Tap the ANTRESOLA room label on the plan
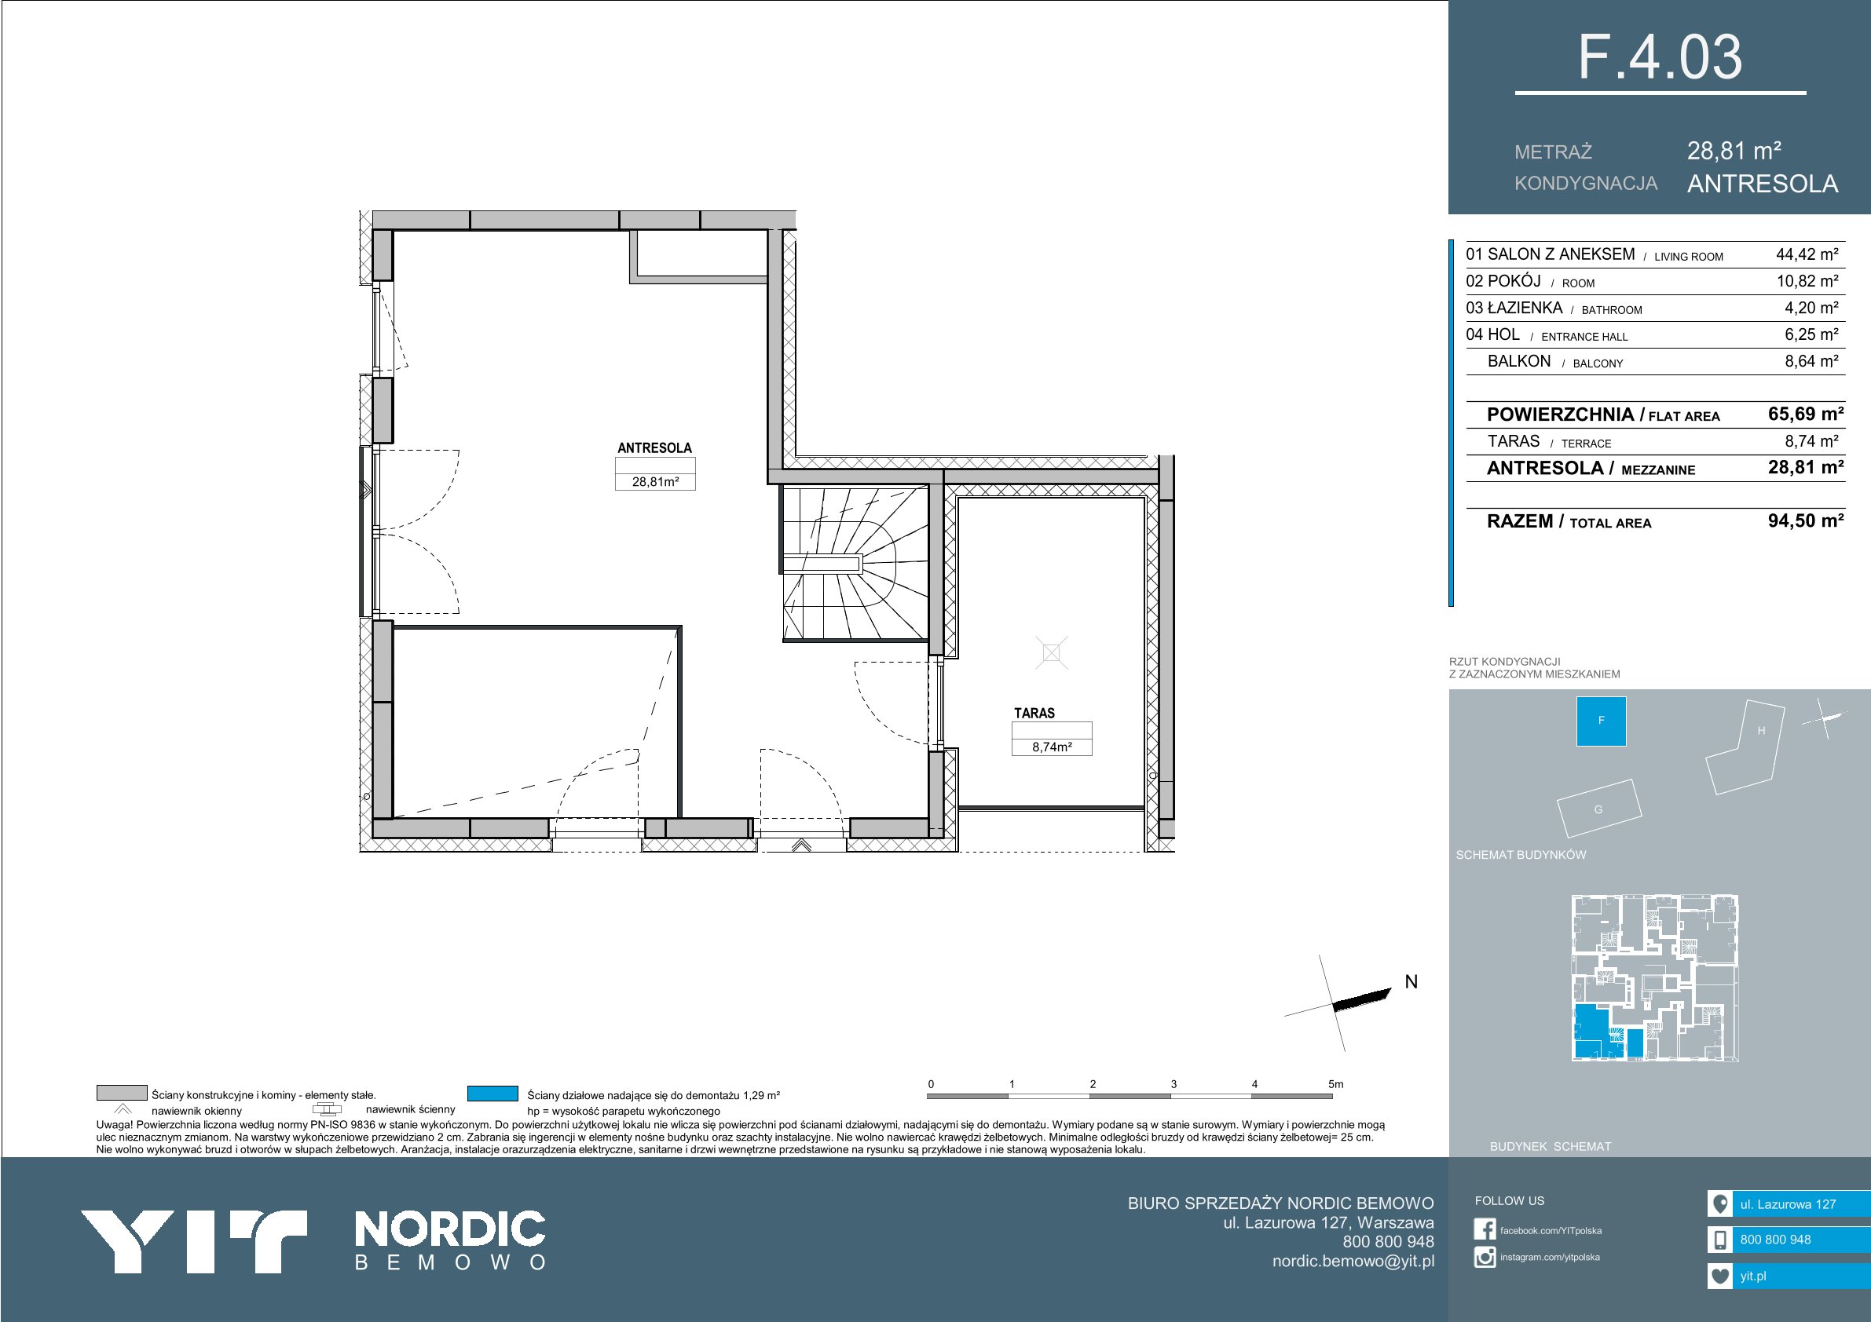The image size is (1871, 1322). pos(654,448)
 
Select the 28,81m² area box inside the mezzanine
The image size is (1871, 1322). pos(655,481)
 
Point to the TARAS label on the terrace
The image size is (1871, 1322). pos(1034,713)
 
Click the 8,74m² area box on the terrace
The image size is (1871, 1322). pos(1051,746)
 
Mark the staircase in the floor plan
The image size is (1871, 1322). pos(855,563)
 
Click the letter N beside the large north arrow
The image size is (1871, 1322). pos(1411,981)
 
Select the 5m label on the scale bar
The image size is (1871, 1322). pos(1335,1084)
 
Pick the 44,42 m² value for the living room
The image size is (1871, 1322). pos(1807,254)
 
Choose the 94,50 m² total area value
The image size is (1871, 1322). pos(1806,520)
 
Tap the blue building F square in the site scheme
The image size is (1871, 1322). pos(1602,721)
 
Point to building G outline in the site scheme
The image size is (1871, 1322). pos(1598,809)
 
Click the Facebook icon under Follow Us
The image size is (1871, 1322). pos(1485,1230)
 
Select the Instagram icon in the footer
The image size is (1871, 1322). pos(1485,1258)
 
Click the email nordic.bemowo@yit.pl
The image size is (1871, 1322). pos(1353,1261)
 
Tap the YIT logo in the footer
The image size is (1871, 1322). pos(193,1241)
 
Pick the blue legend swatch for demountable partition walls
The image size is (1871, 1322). pos(492,1093)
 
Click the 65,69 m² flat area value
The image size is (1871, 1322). pos(1806,414)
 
